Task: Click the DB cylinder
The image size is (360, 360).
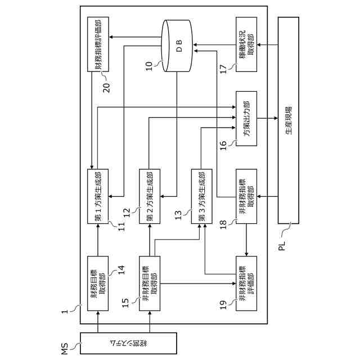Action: coord(177,46)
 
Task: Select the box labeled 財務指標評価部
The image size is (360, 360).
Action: coord(98,44)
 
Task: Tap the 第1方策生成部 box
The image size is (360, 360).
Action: coord(98,196)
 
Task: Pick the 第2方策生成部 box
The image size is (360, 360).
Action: coord(150,196)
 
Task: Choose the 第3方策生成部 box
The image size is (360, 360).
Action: coord(202,196)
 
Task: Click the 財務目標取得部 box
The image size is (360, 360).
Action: coord(98,283)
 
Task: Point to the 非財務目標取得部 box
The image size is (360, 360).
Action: coord(150,283)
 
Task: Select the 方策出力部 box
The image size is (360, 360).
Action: coord(246,119)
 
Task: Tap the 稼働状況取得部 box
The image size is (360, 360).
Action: coord(246,44)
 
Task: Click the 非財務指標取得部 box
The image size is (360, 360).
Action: coord(246,196)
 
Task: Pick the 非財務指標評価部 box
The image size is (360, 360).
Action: coord(246,283)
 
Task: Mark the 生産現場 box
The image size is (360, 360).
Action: coord(289,120)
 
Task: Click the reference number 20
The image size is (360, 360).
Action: coord(106,88)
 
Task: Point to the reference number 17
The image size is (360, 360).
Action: coord(223,69)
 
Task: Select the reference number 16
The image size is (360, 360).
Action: coord(223,146)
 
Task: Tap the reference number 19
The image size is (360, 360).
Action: coord(223,305)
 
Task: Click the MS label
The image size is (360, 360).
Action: coord(65,349)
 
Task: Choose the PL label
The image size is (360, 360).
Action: coord(282,246)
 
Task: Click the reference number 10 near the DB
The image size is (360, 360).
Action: coord(148,66)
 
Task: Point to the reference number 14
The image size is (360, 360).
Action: coord(121,270)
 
